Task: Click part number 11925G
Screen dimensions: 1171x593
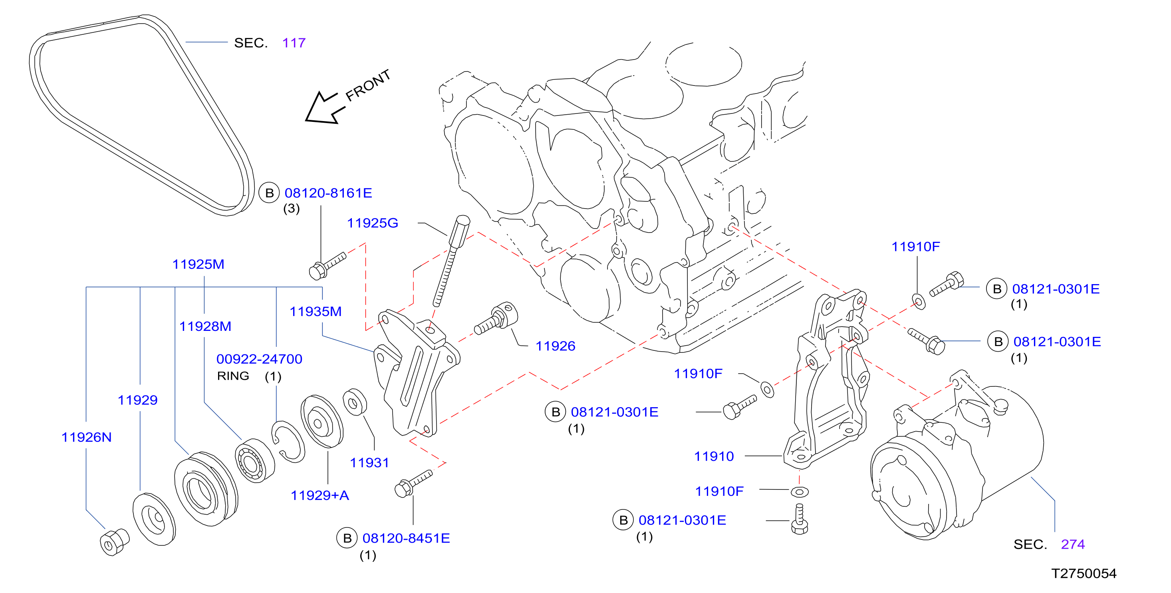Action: click(372, 223)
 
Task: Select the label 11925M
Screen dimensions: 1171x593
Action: click(198, 264)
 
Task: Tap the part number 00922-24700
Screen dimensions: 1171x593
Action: click(259, 359)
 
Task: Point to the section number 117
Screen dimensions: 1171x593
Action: click(294, 43)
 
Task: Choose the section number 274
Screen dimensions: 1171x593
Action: click(1073, 544)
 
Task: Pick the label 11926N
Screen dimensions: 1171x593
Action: click(86, 437)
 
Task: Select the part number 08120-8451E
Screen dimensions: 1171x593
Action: click(406, 538)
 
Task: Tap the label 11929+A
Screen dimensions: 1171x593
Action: click(320, 495)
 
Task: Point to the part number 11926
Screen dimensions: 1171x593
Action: click(555, 346)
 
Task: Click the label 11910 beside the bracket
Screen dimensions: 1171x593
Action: click(714, 456)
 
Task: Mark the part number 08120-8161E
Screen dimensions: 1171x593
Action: click(328, 193)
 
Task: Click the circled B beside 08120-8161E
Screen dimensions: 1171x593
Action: click(269, 193)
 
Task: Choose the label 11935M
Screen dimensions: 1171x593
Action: click(316, 312)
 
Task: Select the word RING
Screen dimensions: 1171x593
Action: click(233, 376)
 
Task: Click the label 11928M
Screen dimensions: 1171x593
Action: click(205, 326)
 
